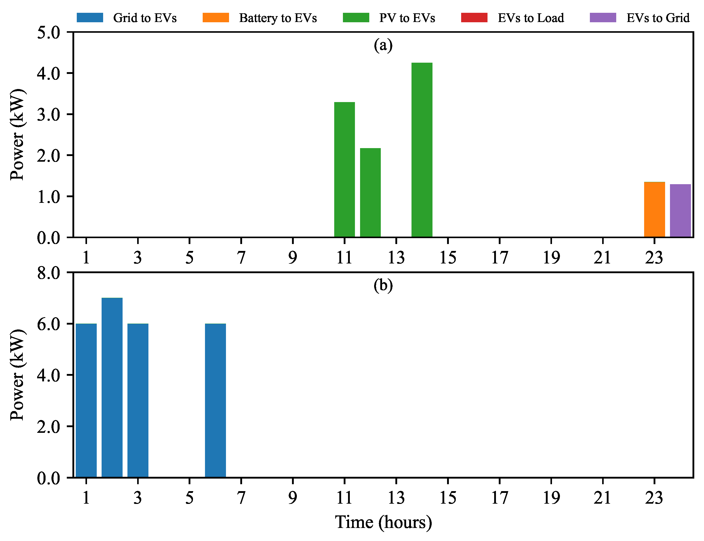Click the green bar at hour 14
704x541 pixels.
coord(422,150)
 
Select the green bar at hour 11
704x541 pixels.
coord(344,169)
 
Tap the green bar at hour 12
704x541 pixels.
coord(370,193)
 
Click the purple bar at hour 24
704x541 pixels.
coord(680,211)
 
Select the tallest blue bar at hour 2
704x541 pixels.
coord(112,387)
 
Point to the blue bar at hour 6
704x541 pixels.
coord(215,400)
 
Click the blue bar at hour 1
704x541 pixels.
coord(86,400)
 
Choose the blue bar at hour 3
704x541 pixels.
coord(138,400)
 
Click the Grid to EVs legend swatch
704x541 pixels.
coord(90,17)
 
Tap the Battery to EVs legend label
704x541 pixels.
coord(278,18)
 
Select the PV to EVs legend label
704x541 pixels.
coord(407,18)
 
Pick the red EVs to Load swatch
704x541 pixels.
coord(474,17)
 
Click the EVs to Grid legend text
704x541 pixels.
coord(658,18)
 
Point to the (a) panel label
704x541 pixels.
coord(383,45)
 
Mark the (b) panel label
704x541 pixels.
coord(383,285)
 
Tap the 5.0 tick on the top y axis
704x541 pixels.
coord(49,32)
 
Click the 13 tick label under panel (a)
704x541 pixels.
coord(396,257)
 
